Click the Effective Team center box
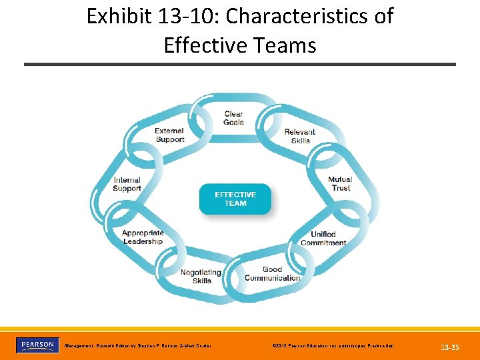tap(235, 199)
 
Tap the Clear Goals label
tap(233, 118)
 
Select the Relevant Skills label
tap(300, 136)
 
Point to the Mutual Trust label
tap(340, 183)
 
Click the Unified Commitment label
tap(323, 238)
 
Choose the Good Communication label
tap(272, 273)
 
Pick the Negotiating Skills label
tap(201, 276)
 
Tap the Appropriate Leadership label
tap(143, 237)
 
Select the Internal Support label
tap(127, 184)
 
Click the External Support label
tap(169, 135)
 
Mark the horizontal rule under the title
tap(240, 64)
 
